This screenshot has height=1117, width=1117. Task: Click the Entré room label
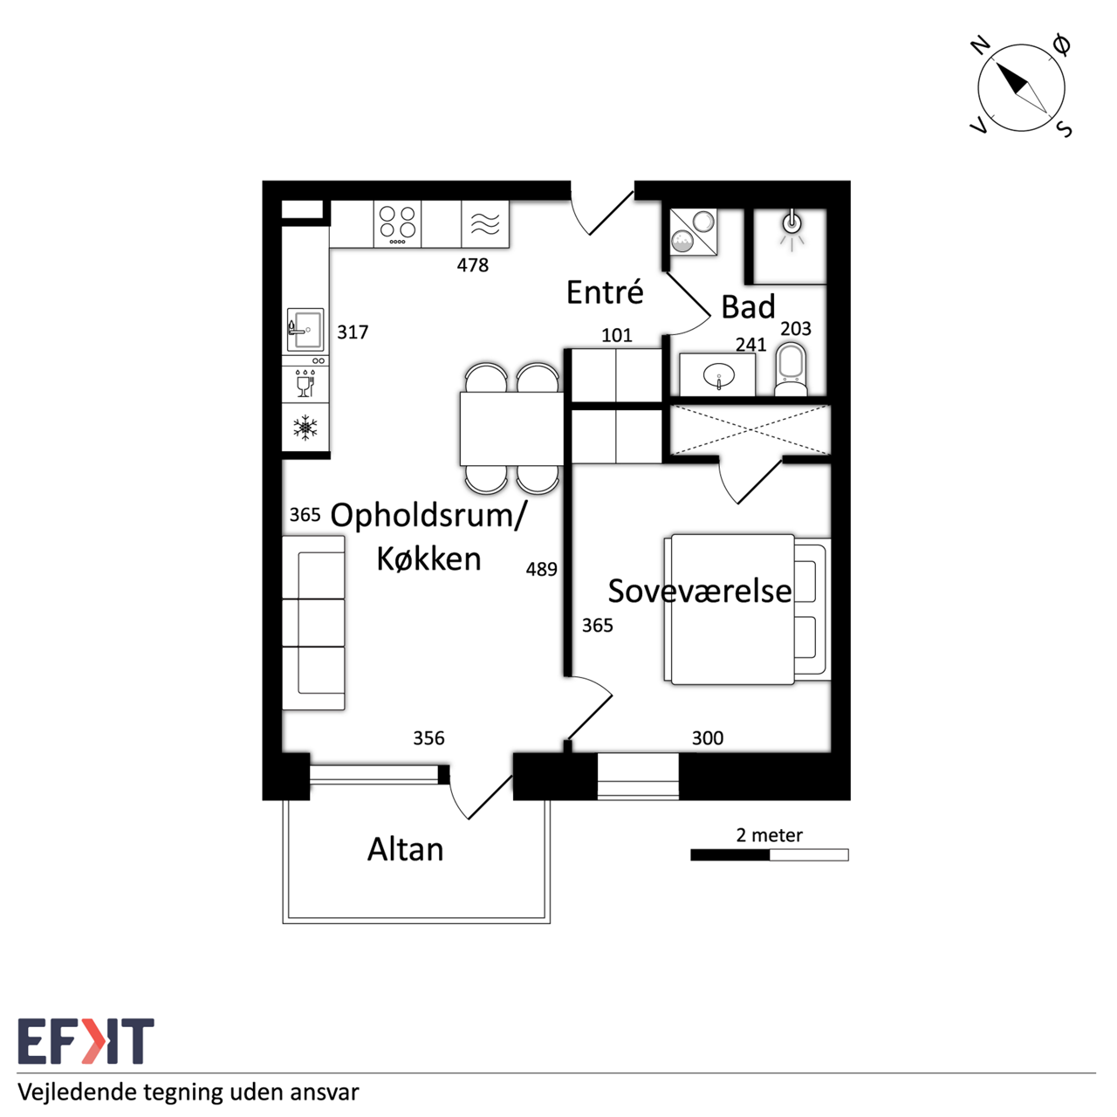605,291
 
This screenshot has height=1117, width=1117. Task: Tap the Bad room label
748,306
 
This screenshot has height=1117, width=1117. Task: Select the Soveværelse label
700,591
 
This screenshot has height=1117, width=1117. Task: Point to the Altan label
405,850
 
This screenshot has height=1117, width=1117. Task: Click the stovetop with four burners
397,223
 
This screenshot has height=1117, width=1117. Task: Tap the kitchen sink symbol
305,330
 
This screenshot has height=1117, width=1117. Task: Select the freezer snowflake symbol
305,428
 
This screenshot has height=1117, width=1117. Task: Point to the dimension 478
472,265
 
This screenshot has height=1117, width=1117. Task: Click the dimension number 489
541,569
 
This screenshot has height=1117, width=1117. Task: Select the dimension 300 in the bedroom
707,738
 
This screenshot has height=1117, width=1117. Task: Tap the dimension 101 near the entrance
616,335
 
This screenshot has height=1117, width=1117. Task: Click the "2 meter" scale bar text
769,835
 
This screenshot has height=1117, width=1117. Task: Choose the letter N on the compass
980,45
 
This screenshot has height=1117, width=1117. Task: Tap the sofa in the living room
313,623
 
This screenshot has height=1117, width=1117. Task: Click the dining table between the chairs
511,429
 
